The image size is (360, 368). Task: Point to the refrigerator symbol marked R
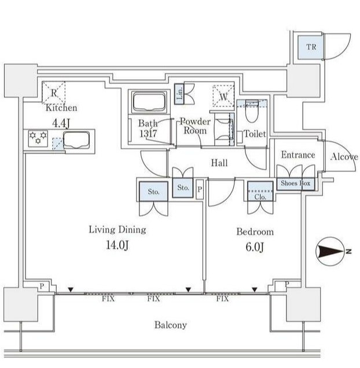(53, 92)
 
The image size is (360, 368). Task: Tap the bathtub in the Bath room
(149, 103)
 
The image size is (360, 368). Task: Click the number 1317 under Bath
(147, 134)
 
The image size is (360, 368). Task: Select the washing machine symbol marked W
(223, 95)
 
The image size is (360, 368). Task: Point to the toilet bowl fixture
(251, 111)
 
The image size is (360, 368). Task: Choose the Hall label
(219, 163)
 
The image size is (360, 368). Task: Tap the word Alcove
(344, 157)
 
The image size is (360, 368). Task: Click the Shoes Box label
(295, 183)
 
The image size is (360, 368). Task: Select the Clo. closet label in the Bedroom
(259, 196)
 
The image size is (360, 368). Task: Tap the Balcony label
(171, 325)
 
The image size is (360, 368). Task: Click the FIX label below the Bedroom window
(222, 299)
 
